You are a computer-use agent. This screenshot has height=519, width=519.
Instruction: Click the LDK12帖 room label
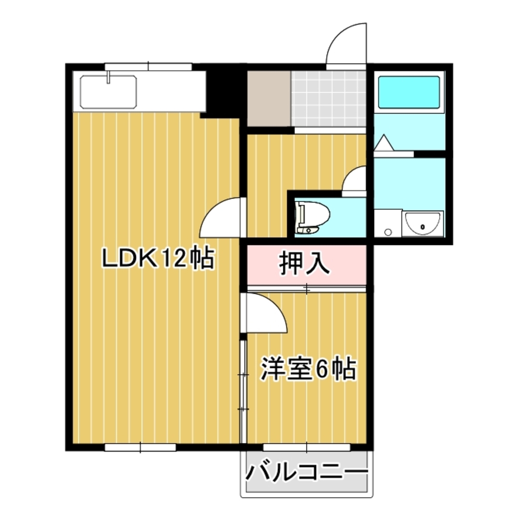pyautogui.click(x=158, y=258)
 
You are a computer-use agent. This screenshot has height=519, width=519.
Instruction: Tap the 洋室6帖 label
pyautogui.click(x=308, y=369)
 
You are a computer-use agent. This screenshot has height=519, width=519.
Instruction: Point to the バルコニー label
pyautogui.click(x=307, y=473)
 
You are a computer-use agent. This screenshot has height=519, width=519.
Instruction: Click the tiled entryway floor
pyautogui.click(x=328, y=99)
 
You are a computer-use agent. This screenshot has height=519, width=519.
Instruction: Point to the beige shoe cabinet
pyautogui.click(x=268, y=98)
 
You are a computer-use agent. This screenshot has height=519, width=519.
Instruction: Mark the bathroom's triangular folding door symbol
pyautogui.click(x=384, y=143)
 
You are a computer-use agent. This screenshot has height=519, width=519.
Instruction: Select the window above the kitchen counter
pyautogui.click(x=148, y=66)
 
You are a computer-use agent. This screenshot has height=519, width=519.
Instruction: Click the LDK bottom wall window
pyautogui.click(x=140, y=447)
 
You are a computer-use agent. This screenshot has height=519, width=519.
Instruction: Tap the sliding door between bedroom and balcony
pyautogui.click(x=307, y=447)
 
